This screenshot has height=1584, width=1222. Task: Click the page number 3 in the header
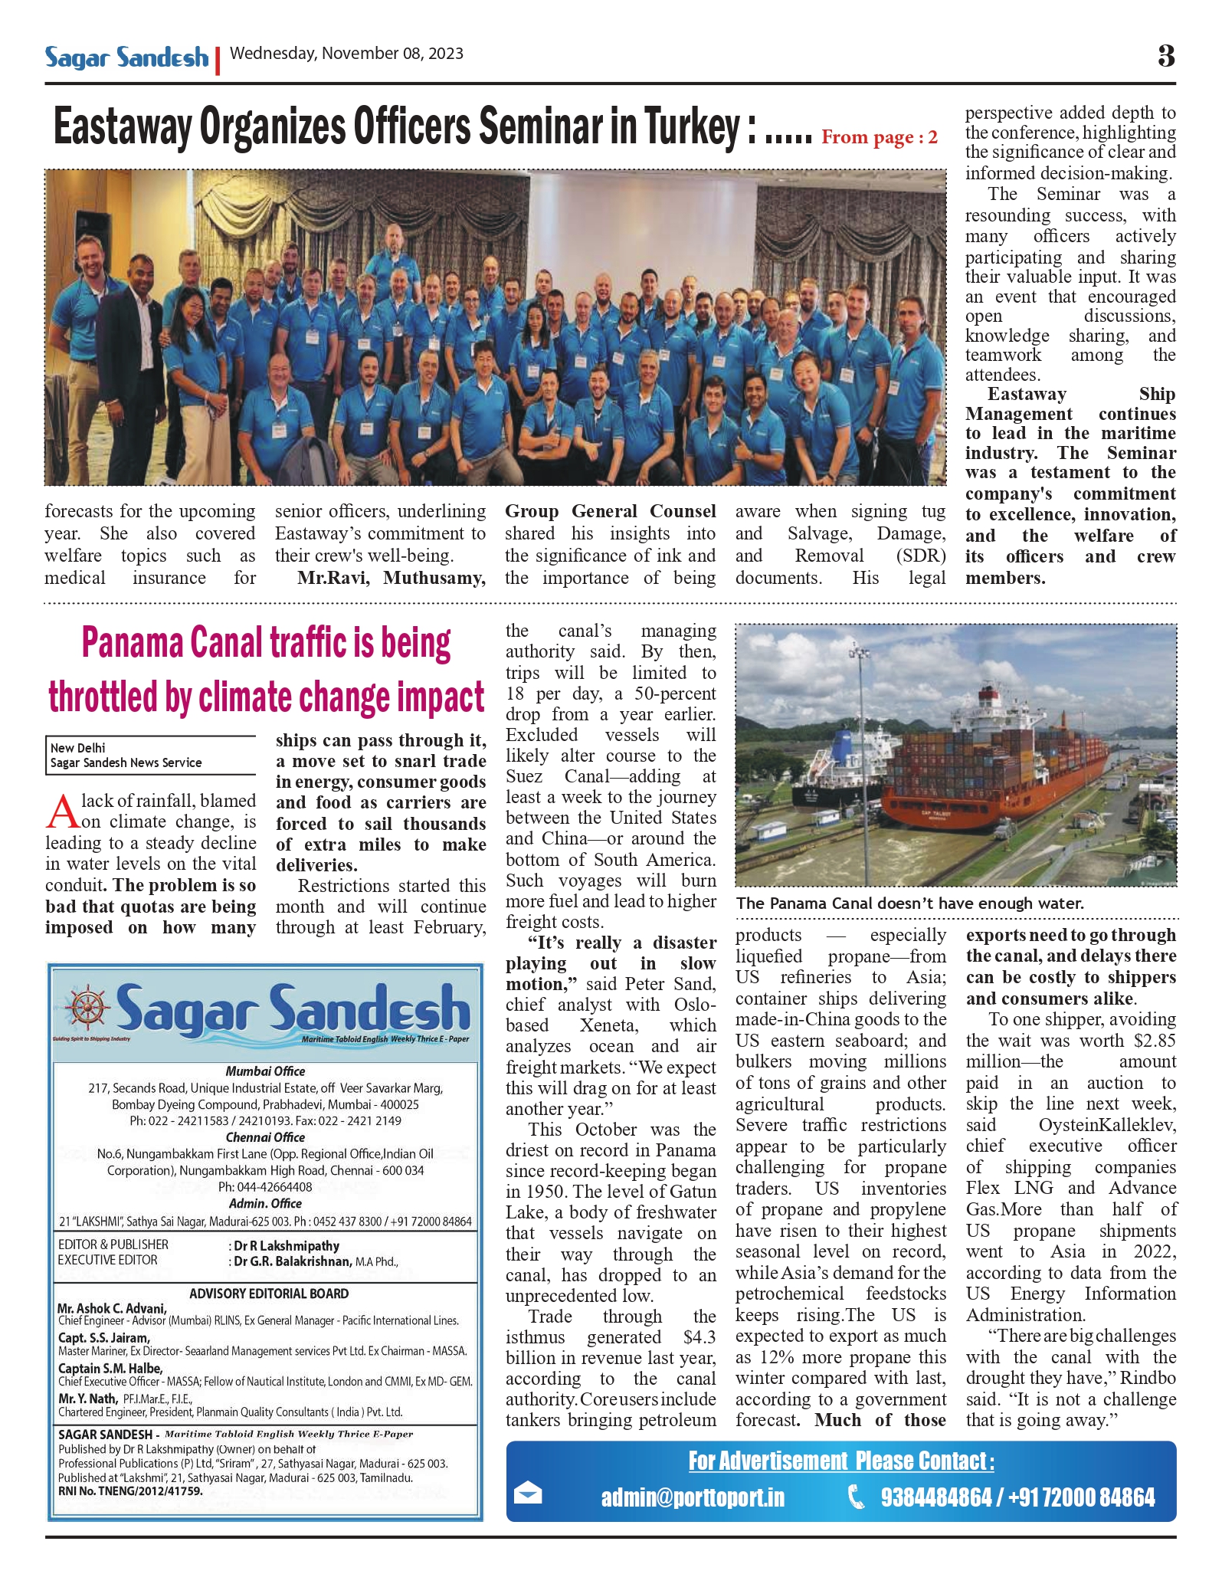1165,56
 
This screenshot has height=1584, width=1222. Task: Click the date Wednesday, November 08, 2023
346,54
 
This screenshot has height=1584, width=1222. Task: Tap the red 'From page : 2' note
879,138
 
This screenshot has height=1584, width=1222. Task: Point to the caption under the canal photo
909,904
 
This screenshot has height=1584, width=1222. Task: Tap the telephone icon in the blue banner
857,1496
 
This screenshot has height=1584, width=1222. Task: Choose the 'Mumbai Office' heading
265,1071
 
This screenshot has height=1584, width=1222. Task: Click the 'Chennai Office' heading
265,1137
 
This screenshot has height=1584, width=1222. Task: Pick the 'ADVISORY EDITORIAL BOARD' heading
269,1294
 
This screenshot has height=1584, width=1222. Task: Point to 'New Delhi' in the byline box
77,748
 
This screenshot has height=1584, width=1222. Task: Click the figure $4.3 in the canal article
699,1337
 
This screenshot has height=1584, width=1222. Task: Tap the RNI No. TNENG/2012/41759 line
130,1491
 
